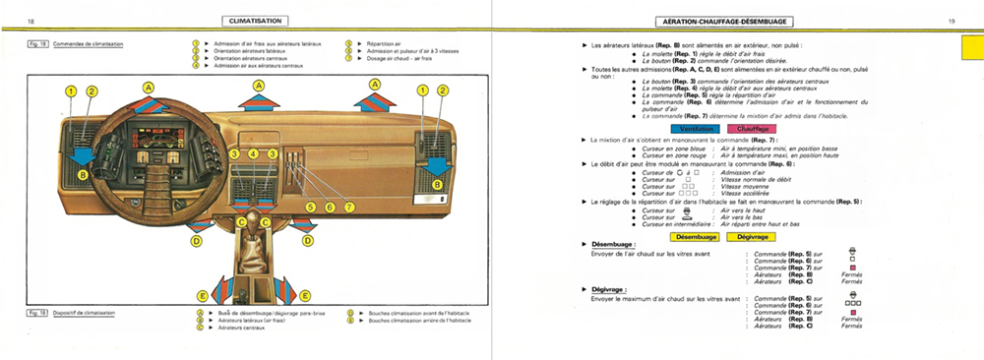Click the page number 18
31,20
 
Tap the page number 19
952,20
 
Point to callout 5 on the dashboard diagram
310,208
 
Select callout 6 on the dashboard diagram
329,208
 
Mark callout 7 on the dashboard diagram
347,208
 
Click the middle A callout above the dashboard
259,87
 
